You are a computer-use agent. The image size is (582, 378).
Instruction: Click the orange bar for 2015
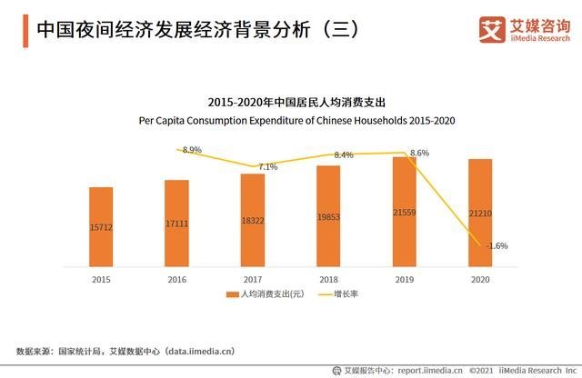pyautogui.click(x=101, y=226)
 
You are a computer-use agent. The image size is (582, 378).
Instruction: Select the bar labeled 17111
pyautogui.click(x=176, y=223)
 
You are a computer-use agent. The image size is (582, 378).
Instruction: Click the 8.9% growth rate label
pyautogui.click(x=192, y=149)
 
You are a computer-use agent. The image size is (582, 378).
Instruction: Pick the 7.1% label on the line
pyautogui.click(x=268, y=167)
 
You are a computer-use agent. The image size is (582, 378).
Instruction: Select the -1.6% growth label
pyautogui.click(x=497, y=245)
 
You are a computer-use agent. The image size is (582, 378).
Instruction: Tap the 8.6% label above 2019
pyautogui.click(x=419, y=154)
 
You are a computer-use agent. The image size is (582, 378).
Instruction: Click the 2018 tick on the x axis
pyautogui.click(x=328, y=281)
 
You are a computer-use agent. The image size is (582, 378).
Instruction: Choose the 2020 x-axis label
pyautogui.click(x=480, y=281)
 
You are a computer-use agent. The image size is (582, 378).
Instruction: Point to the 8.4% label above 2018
pyautogui.click(x=344, y=155)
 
